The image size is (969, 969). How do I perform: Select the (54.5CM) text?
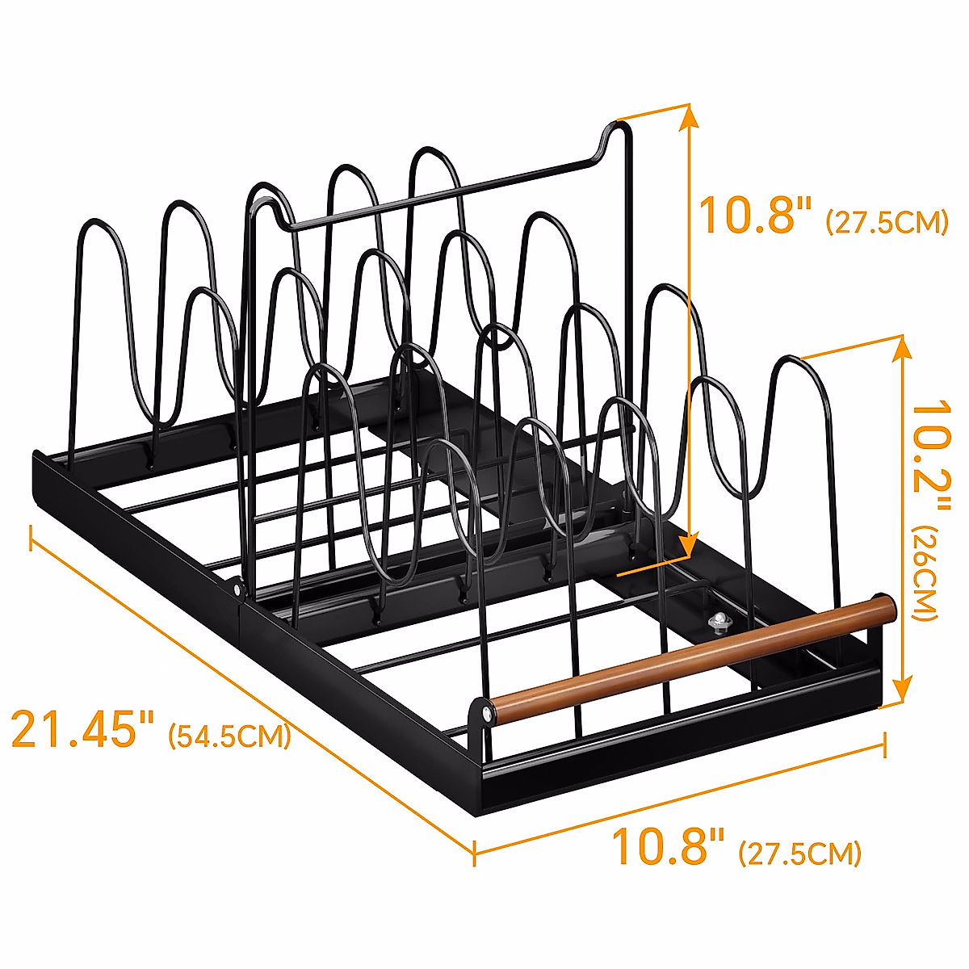[x=229, y=736]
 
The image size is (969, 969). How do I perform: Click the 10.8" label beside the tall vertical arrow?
[x=755, y=215]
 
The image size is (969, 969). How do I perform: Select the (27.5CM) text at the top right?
[x=887, y=222]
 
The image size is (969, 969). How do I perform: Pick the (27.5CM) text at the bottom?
[x=799, y=853]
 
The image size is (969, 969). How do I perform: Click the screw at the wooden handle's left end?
[x=489, y=712]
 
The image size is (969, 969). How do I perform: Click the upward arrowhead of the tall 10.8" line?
[x=689, y=117]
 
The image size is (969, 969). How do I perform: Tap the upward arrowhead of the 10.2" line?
[x=904, y=349]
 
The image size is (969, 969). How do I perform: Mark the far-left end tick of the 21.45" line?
[x=31, y=537]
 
